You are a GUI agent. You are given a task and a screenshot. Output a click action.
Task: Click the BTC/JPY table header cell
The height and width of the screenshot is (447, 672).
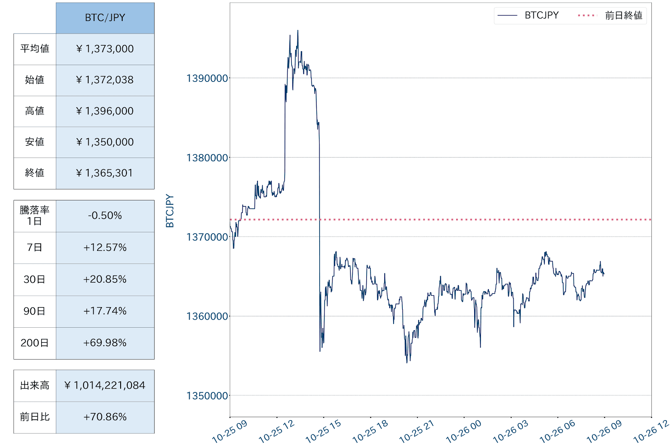coord(105,18)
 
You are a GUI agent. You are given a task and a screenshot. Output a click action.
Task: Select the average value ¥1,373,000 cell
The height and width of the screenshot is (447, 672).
coord(105,49)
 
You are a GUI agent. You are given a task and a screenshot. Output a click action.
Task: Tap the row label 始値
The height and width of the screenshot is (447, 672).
coord(35,80)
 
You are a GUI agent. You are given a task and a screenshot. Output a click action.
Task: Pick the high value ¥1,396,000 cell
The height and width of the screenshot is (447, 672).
coord(105,111)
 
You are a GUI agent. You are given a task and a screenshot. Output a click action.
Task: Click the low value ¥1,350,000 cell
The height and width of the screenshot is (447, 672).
coord(105,142)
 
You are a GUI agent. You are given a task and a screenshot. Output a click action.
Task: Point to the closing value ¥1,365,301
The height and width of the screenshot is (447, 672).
coord(105,173)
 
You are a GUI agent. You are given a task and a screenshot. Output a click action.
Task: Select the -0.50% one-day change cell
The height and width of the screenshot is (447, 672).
coord(105,216)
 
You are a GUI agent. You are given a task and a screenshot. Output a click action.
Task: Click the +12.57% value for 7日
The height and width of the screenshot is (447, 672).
coord(105,247)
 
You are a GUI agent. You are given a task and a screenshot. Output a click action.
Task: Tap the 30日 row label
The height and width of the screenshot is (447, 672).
coord(35,279)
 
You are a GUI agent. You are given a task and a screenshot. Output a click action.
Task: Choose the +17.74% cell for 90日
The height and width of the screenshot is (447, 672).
coord(105,311)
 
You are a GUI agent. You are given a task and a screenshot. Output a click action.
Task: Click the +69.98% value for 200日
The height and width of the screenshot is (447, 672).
coord(105,343)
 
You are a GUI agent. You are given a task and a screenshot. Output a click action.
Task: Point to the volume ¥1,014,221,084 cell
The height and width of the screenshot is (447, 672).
coord(105,385)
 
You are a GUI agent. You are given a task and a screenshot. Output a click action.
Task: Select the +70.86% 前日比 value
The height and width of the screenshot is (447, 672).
coord(105,417)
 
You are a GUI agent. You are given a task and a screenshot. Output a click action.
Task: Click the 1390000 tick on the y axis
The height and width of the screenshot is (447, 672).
coord(207,78)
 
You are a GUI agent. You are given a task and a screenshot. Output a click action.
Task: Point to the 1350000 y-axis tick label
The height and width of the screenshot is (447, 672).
coord(207,396)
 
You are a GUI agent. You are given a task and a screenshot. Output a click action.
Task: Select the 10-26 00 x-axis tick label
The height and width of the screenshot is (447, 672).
coord(463,432)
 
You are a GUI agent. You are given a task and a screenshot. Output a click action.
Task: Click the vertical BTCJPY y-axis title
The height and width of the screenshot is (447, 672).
coord(170,211)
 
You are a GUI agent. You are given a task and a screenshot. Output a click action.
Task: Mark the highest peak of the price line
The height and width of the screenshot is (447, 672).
coord(298,31)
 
